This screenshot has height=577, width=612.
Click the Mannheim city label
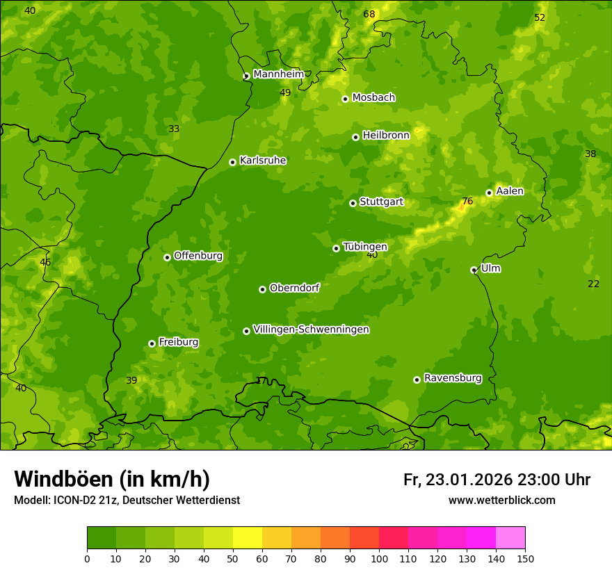pyautogui.click(x=278, y=74)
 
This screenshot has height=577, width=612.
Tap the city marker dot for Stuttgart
pyautogui.click(x=353, y=203)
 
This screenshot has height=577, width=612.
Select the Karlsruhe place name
pyautogui.click(x=262, y=161)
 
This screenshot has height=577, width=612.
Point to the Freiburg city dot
pyautogui.click(x=152, y=343)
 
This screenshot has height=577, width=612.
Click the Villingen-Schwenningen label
pyautogui.click(x=311, y=330)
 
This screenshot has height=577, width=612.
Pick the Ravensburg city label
pyautogui.click(x=452, y=378)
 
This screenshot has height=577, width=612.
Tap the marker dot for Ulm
pyautogui.click(x=474, y=270)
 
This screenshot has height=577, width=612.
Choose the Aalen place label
pyautogui.click(x=509, y=191)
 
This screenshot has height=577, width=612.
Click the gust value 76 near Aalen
pyautogui.click(x=467, y=202)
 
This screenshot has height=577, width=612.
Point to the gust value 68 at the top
pyautogui.click(x=369, y=15)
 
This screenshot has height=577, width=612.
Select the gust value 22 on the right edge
pyautogui.click(x=593, y=284)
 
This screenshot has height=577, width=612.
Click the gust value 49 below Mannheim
pyautogui.click(x=285, y=92)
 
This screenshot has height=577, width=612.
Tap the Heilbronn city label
pyautogui.click(x=385, y=136)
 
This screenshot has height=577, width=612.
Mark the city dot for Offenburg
pyautogui.click(x=167, y=257)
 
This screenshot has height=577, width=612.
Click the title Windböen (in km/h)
pyautogui.click(x=112, y=479)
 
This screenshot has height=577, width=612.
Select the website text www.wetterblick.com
pyautogui.click(x=501, y=500)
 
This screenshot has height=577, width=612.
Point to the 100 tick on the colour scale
pyautogui.click(x=379, y=558)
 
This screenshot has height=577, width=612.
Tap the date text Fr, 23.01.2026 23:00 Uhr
pyautogui.click(x=497, y=480)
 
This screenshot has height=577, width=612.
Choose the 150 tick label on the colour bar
pyautogui.click(x=525, y=558)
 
